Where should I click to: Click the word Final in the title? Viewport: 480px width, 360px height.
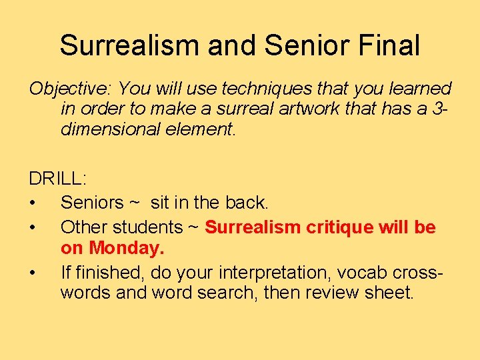[389, 45]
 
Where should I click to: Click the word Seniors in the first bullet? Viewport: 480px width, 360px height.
[92, 202]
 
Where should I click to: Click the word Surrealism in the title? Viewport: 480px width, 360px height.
[131, 45]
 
